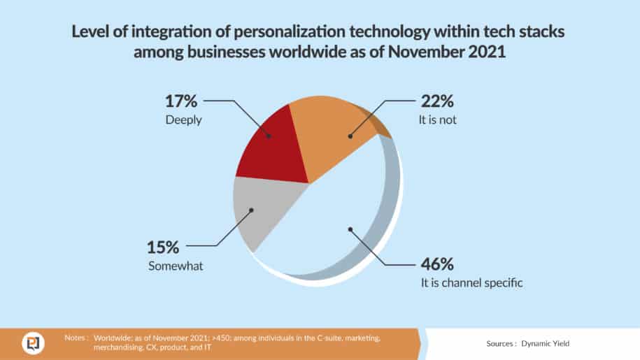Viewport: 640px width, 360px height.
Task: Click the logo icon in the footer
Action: [31, 343]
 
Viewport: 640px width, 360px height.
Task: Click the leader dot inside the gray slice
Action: [252, 209]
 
